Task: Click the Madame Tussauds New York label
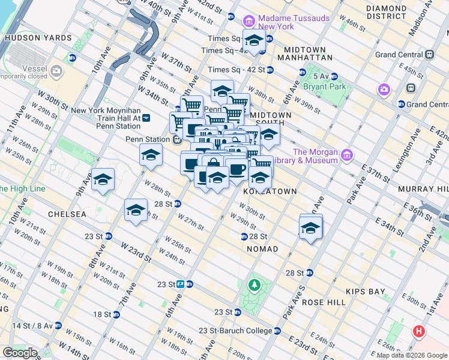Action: coord(294,23)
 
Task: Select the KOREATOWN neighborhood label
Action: coord(270,191)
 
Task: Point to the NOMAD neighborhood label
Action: coord(261,248)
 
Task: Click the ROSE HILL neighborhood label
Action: coord(325,302)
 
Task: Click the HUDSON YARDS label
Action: coord(38,38)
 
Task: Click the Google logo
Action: coord(20,352)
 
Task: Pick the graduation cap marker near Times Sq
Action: coord(254,40)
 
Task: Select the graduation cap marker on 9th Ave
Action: coord(103,179)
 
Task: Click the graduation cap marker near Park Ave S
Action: coord(310,228)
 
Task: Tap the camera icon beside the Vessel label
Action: coord(57,72)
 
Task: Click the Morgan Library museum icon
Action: coord(346,156)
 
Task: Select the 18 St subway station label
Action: coord(104,314)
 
